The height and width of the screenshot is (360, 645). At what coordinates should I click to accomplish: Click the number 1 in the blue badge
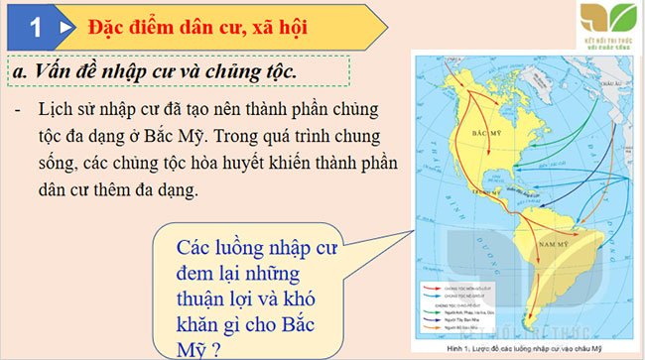coord(36,28)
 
